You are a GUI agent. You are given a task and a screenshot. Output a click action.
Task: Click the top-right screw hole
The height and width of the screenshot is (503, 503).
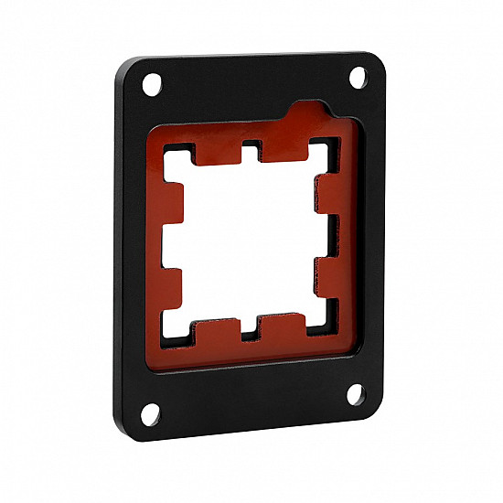click(x=359, y=78)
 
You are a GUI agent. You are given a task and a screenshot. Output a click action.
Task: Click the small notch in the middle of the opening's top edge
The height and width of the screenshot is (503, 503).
click(x=250, y=148)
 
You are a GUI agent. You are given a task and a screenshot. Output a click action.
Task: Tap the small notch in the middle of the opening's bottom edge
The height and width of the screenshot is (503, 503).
click(x=250, y=327)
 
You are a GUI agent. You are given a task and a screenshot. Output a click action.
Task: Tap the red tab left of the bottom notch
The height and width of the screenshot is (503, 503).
click(x=216, y=326)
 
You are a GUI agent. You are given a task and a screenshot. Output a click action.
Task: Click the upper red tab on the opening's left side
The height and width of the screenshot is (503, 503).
click(x=174, y=202)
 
